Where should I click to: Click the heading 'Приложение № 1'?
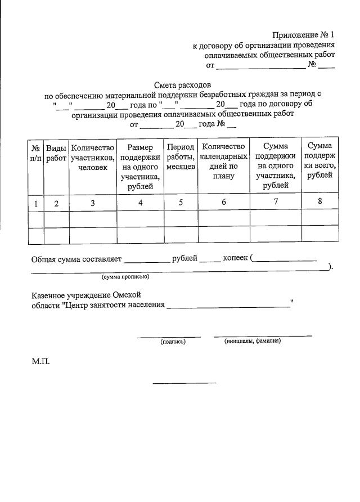point(304,35)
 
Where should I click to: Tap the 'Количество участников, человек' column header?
point(93,157)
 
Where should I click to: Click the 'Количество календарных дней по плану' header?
point(223,161)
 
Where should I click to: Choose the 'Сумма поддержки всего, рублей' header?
point(319,161)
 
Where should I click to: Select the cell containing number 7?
point(275,203)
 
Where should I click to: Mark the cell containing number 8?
point(319,202)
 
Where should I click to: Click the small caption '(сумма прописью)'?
point(125,277)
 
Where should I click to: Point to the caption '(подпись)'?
point(173,342)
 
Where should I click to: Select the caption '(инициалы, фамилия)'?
point(253,341)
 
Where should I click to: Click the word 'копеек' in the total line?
point(235,258)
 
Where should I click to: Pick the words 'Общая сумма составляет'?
point(76,259)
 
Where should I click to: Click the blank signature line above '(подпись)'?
point(169,337)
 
